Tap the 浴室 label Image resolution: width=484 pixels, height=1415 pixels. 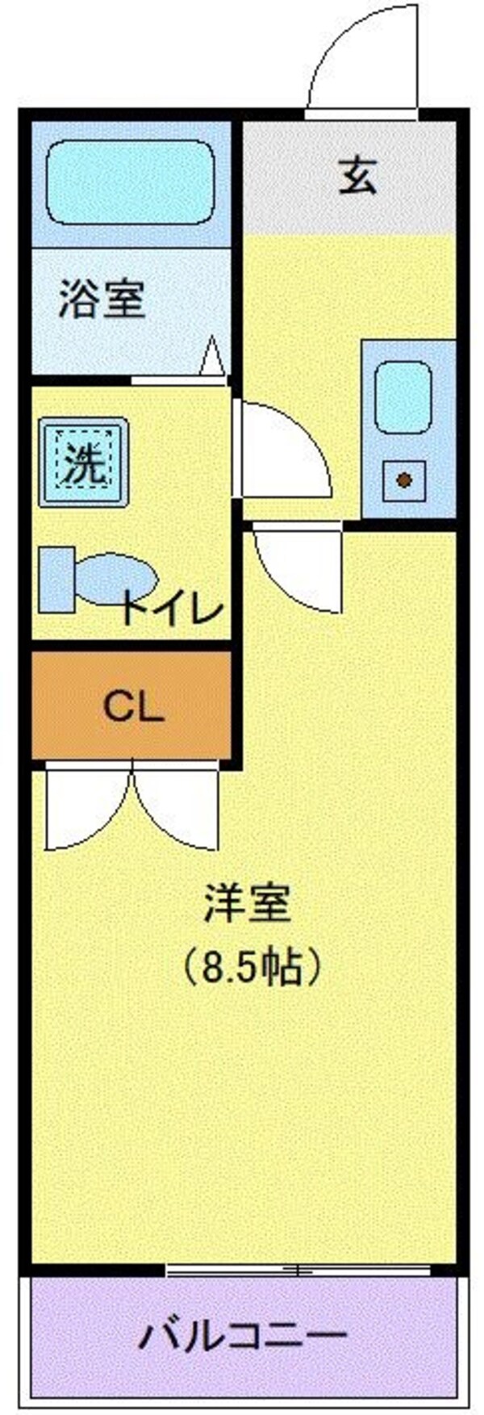[102, 299]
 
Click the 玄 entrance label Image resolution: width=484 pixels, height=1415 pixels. [357, 176]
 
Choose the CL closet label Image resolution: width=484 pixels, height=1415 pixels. [133, 707]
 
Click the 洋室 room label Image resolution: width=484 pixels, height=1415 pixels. [247, 903]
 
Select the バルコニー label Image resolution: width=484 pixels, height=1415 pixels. [243, 1337]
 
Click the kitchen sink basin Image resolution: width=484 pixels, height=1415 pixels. [403, 397]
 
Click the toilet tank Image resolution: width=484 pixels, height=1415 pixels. [56, 579]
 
